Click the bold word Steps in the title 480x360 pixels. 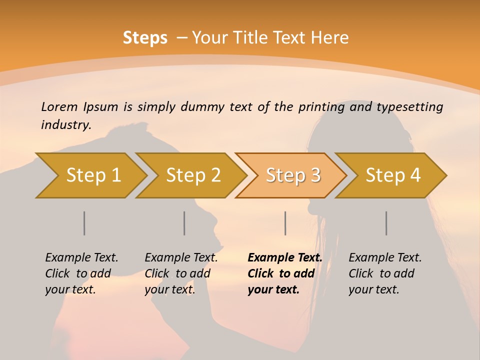coord(145,38)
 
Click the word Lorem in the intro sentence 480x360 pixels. coord(59,106)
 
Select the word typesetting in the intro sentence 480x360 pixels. coord(409,106)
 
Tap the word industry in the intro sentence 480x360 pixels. coord(66,124)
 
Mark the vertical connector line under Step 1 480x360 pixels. coord(84,223)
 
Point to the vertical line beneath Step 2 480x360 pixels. coord(184,223)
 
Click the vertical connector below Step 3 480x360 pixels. coord(285,223)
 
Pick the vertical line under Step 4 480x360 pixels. coord(386,223)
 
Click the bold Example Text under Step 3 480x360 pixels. coord(285,257)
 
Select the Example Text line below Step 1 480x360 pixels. coord(81,257)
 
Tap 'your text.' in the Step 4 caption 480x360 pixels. coord(374,289)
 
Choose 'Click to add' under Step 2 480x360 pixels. coord(177,273)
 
